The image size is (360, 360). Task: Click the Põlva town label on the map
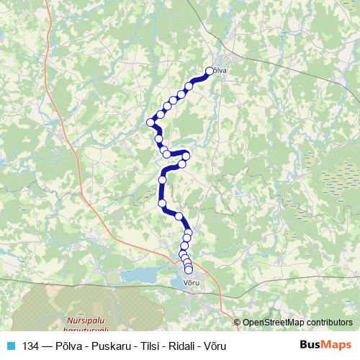[218, 71]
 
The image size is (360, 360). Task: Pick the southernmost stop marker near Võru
[189, 270]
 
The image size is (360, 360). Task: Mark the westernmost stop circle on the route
[151, 122]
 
